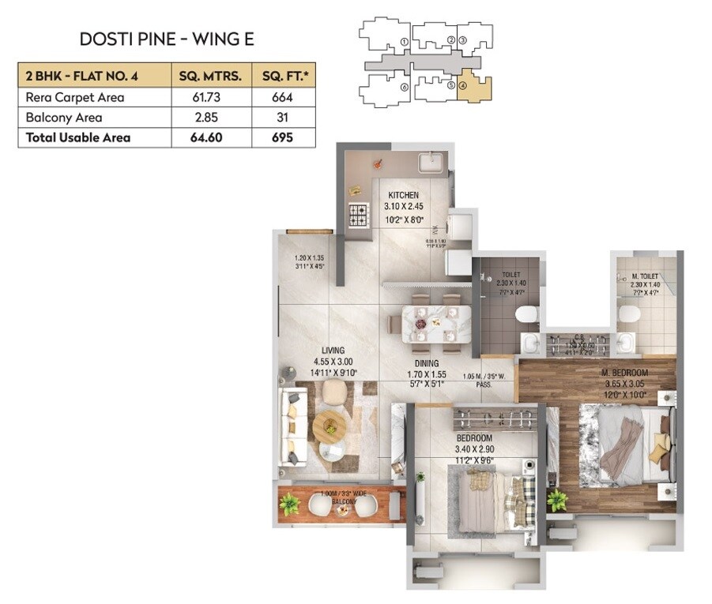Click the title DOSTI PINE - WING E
(x=167, y=39)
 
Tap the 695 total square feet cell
(x=282, y=137)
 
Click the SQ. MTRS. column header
(x=210, y=77)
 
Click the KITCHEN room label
(x=403, y=195)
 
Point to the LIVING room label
(x=333, y=351)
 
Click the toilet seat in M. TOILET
(x=630, y=315)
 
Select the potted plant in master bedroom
(x=557, y=499)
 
